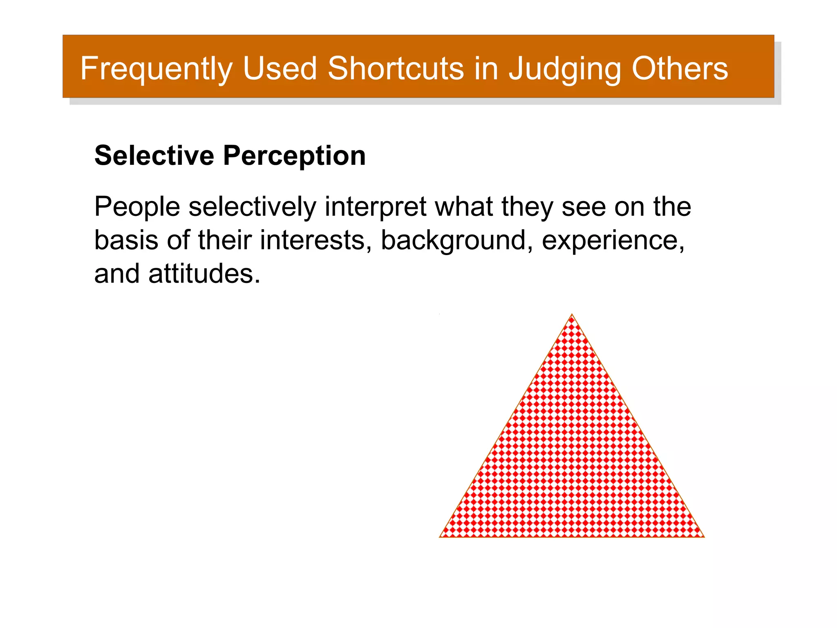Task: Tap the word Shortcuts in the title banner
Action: pyautogui.click(x=396, y=68)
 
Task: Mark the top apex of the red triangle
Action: pyautogui.click(x=572, y=315)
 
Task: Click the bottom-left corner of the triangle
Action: pyautogui.click(x=441, y=536)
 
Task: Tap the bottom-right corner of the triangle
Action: pyautogui.click(x=703, y=536)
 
